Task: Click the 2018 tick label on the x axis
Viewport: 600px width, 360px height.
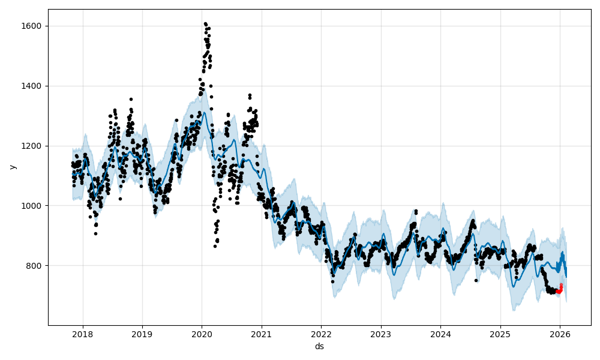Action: click(x=82, y=334)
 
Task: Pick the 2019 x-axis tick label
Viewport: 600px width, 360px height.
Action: click(x=142, y=334)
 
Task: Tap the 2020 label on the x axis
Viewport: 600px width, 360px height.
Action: click(x=202, y=334)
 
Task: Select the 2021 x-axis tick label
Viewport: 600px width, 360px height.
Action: click(x=262, y=334)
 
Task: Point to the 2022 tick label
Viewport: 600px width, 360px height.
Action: click(x=321, y=334)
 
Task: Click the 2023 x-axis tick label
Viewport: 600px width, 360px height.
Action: click(x=381, y=334)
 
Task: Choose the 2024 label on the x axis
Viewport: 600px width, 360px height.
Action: click(x=440, y=334)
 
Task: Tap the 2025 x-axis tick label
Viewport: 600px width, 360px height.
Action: click(x=500, y=334)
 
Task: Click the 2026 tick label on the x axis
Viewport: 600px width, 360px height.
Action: click(x=560, y=334)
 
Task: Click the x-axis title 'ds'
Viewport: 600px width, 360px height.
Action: click(x=319, y=346)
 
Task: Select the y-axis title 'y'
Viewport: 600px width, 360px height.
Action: click(x=11, y=167)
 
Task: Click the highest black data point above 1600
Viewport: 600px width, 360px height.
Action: click(x=205, y=24)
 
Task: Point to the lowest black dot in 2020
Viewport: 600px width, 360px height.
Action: click(x=215, y=246)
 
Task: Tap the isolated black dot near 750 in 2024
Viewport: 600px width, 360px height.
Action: click(x=476, y=280)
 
